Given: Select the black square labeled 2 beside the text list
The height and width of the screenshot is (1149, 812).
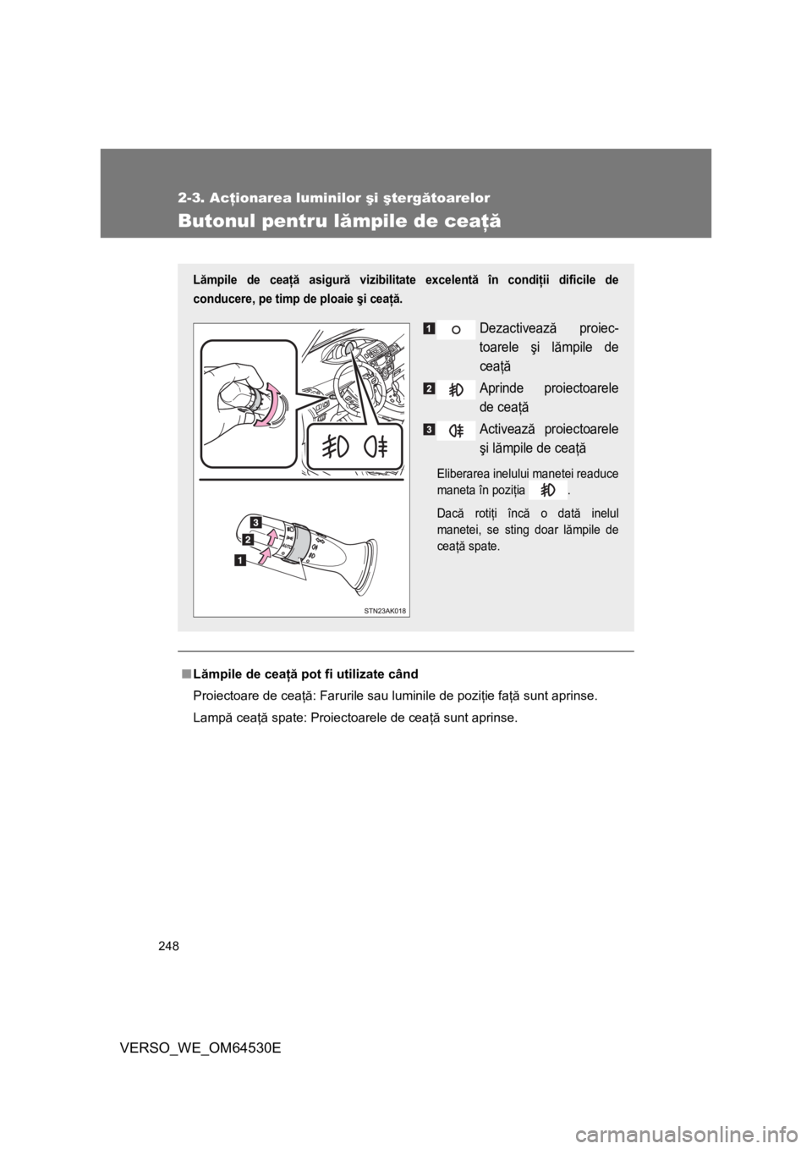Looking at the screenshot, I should click(431, 387).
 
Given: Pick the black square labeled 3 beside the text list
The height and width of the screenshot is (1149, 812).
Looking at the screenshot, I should click(431, 429).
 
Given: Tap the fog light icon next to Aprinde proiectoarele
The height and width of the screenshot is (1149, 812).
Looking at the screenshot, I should click(456, 389).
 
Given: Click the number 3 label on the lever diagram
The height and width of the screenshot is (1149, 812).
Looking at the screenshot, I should click(254, 519).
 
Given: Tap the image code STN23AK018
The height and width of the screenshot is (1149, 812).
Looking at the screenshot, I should click(385, 610).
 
